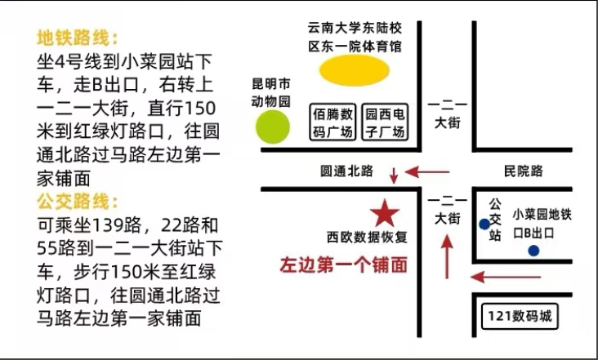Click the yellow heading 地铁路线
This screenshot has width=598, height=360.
click(77, 38)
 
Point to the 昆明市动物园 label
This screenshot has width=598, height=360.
click(270, 93)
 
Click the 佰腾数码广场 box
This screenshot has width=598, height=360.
click(333, 122)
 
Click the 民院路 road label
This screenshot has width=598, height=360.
click(523, 171)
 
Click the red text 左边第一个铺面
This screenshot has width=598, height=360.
click(343, 264)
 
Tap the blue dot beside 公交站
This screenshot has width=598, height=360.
click(484, 224)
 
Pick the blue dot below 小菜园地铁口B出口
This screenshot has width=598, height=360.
click(533, 251)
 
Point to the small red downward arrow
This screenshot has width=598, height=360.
click(394, 175)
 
